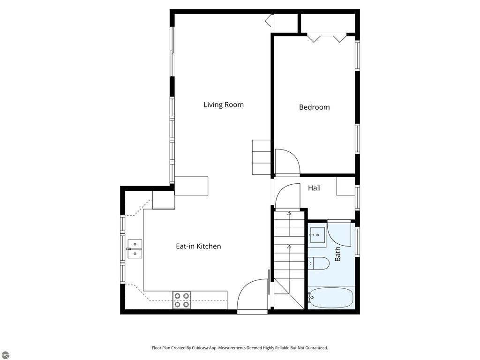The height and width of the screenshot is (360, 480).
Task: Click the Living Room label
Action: point(224,105)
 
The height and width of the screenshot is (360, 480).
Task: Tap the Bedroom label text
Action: point(314,107)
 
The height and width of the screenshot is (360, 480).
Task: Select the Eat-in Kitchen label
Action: point(198,246)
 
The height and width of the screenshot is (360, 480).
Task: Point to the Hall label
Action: point(314,188)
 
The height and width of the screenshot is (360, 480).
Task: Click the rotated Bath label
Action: point(337,254)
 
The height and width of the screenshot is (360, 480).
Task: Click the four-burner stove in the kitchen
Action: point(182,300)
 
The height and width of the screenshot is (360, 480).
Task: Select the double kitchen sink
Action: point(135,248)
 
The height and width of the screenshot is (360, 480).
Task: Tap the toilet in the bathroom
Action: point(319,263)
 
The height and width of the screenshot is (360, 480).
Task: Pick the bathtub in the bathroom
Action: point(330,297)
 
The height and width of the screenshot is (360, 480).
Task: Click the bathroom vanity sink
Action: point(317,234)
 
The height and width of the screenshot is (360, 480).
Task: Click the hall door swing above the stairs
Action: point(287,196)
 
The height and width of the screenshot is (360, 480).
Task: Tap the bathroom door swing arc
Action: point(339,234)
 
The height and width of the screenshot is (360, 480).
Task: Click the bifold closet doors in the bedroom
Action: point(327,38)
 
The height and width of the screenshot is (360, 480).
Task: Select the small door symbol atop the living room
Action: point(269,21)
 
